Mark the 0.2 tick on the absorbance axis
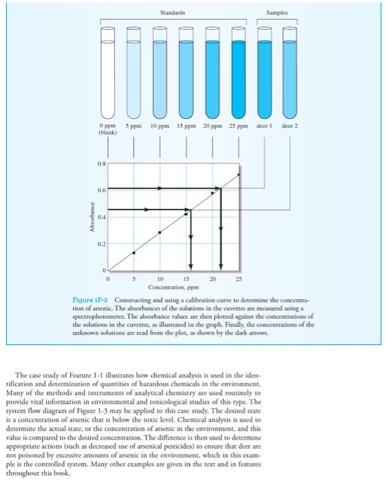coord(100,244)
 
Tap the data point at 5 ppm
coord(134,252)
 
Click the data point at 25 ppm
coord(239,175)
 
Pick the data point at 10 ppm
coord(160,232)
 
